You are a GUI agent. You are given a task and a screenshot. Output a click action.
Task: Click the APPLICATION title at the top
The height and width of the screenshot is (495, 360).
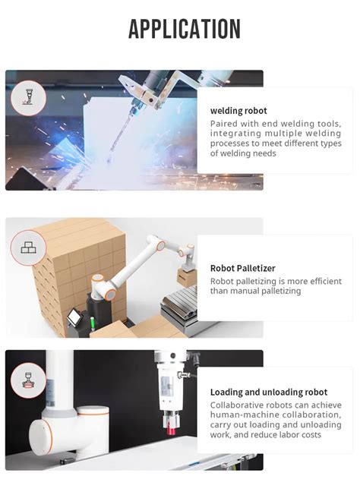pos(185,29)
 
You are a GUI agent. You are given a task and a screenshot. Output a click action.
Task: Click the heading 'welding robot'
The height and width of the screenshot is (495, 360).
pos(238,111)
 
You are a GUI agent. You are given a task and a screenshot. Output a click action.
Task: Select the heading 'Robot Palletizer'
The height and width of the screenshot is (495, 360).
pos(242,268)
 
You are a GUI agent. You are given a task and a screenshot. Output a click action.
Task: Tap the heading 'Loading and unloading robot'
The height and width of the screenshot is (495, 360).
pos(269,393)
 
